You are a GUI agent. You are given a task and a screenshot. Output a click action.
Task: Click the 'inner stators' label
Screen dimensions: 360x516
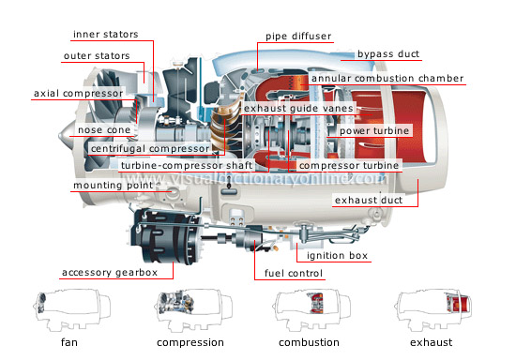(x=105, y=35)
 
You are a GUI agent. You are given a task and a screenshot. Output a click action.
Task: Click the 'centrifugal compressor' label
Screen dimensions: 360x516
(x=150, y=148)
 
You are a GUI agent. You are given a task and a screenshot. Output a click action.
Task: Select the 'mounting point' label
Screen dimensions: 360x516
(x=114, y=186)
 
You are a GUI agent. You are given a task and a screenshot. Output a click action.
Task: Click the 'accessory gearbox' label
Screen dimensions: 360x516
(x=116, y=274)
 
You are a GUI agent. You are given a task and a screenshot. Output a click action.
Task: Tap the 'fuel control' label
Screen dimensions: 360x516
(x=289, y=274)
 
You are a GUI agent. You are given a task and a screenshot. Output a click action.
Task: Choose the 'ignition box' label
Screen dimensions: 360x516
(x=333, y=255)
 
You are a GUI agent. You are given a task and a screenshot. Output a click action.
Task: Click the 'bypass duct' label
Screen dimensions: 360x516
(x=388, y=55)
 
